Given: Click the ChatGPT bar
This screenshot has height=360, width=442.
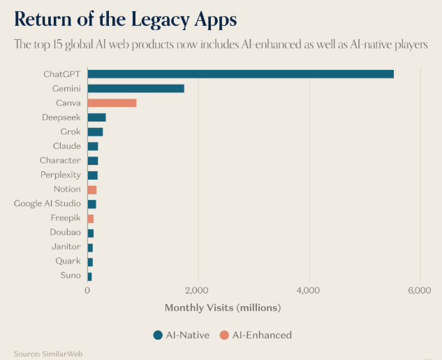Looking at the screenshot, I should (x=240, y=74).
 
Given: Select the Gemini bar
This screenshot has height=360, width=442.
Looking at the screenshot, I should (x=135, y=89).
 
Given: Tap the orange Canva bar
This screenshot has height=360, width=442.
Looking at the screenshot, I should (x=112, y=103).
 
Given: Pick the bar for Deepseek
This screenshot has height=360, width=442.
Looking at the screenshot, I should (x=96, y=117).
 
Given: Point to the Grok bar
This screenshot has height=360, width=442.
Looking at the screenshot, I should (x=95, y=131).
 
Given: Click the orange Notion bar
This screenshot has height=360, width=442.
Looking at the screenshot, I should (x=91, y=189).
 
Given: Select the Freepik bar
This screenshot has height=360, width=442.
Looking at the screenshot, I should (x=90, y=218).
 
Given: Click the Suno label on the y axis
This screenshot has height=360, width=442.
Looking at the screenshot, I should (x=70, y=275).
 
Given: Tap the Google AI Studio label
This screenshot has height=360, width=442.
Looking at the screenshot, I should (x=47, y=203).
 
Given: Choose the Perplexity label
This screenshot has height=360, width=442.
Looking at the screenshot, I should (x=60, y=175).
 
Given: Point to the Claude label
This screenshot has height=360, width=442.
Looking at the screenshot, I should (x=66, y=146).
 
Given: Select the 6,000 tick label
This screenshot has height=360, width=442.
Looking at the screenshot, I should (x=419, y=291).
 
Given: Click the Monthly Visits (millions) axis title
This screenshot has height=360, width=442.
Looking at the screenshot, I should (x=222, y=308).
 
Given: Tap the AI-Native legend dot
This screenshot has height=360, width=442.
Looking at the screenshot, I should (x=158, y=335).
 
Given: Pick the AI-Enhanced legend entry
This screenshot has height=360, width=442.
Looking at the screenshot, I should (x=258, y=335).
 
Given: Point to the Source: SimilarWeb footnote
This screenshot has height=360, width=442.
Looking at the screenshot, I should (x=43, y=354).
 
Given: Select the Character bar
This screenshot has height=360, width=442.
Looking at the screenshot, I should (x=92, y=161).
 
